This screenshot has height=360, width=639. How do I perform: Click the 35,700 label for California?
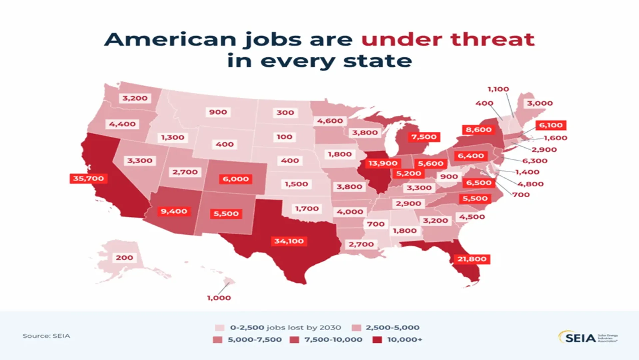pyautogui.click(x=88, y=178)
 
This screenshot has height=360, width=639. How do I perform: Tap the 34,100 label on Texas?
pyautogui.click(x=289, y=241)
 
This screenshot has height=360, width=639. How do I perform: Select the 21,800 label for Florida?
pyautogui.click(x=472, y=259)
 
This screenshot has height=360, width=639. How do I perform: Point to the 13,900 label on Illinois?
pyautogui.click(x=383, y=163)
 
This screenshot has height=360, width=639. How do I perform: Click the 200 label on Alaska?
pyautogui.click(x=124, y=258)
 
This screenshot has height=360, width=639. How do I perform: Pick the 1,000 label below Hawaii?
pyautogui.click(x=219, y=298)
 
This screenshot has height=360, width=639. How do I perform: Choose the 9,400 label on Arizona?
pyautogui.click(x=174, y=211)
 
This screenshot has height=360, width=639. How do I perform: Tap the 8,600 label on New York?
pyautogui.click(x=479, y=130)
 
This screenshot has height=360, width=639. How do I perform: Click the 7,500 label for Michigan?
pyautogui.click(x=424, y=137)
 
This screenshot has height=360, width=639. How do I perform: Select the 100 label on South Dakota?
pyautogui.click(x=284, y=137)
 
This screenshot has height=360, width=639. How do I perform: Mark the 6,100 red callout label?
pyautogui.click(x=551, y=125)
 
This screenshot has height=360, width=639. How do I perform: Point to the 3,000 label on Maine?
pyautogui.click(x=540, y=103)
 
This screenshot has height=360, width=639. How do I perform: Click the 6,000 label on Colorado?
pyautogui.click(x=236, y=179)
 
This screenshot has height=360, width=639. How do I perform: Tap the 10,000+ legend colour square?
pyautogui.click(x=377, y=340)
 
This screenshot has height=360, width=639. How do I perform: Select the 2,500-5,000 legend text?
pyautogui.click(x=392, y=328)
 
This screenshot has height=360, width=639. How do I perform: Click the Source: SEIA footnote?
pyautogui.click(x=46, y=336)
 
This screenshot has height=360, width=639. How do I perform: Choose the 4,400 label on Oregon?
pyautogui.click(x=122, y=124)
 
